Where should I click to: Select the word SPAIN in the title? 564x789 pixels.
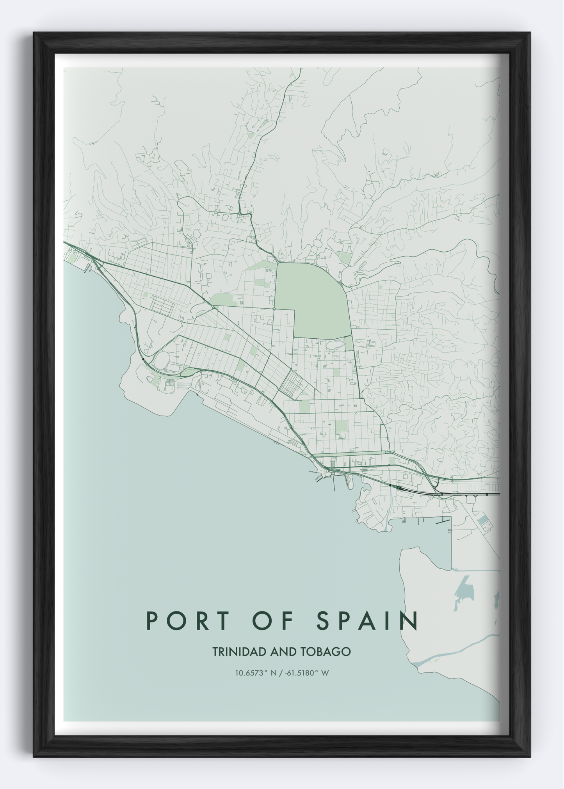(x=367, y=620)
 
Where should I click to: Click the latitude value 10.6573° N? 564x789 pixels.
(x=256, y=673)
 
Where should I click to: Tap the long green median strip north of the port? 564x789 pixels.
(x=351, y=453)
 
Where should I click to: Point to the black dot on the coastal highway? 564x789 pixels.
(x=143, y=358)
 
